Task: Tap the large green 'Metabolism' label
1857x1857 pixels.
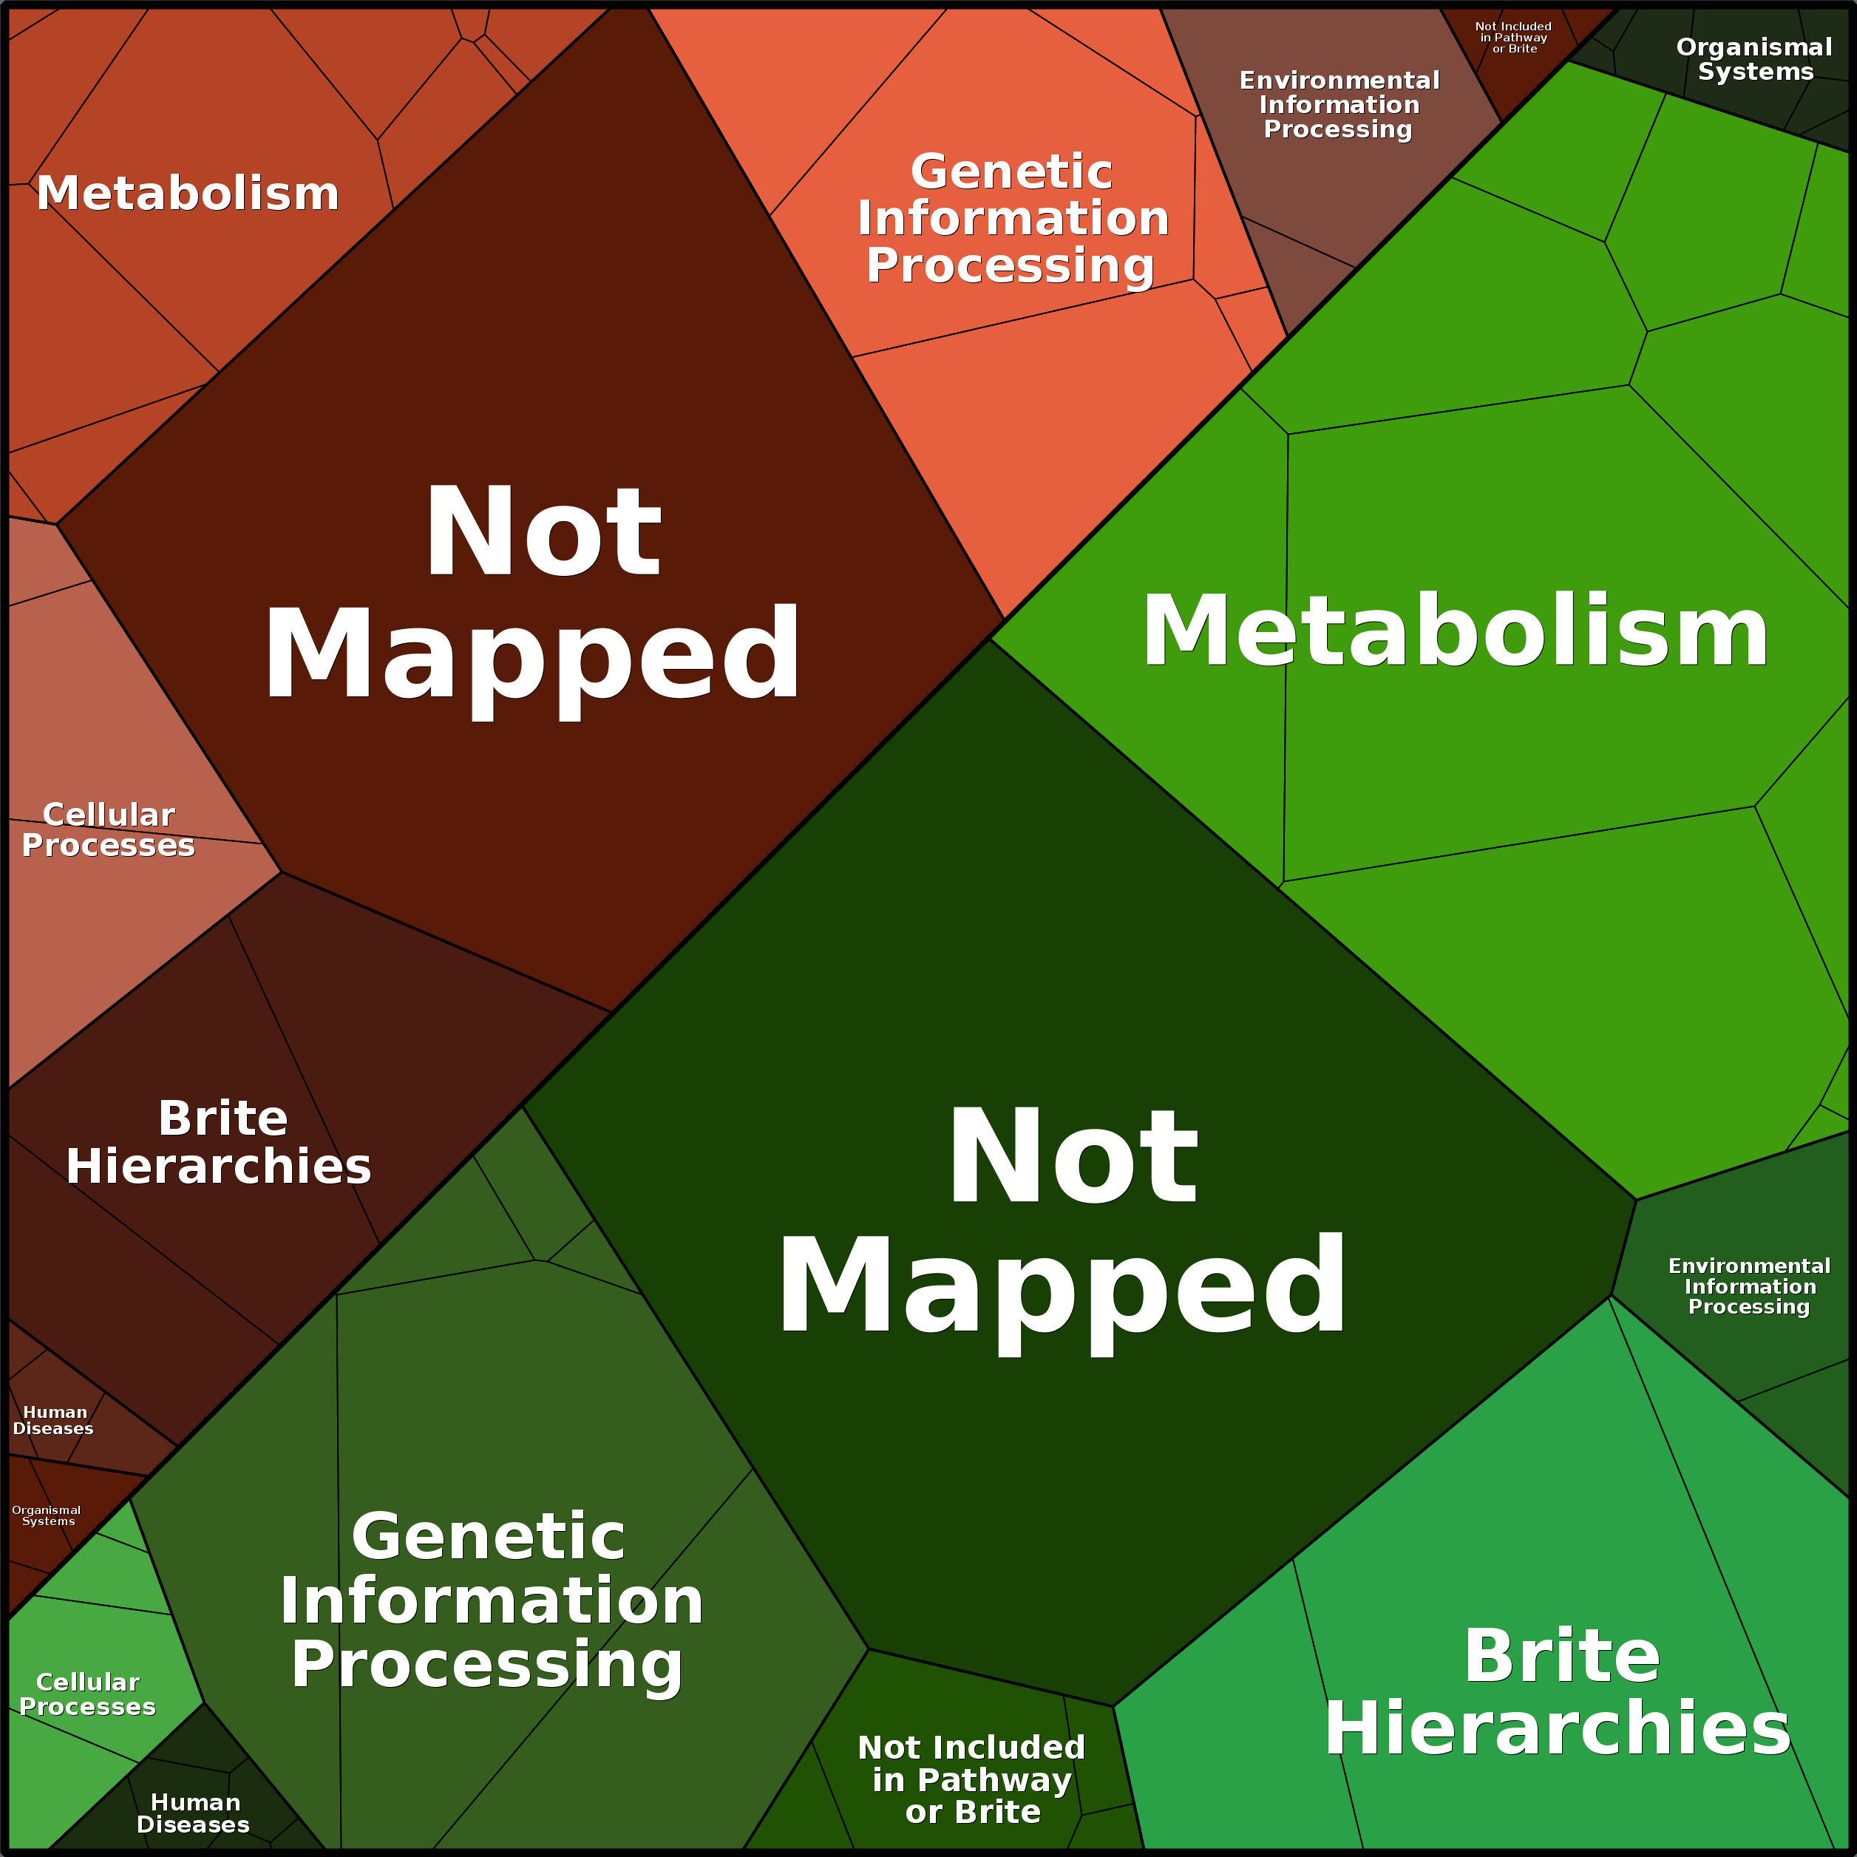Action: click(x=1456, y=631)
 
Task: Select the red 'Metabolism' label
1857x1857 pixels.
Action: click(x=189, y=193)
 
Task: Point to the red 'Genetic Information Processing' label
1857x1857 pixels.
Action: click(x=1012, y=218)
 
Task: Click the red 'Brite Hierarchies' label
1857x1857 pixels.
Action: click(x=219, y=1142)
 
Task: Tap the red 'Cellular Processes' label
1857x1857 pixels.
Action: click(x=109, y=829)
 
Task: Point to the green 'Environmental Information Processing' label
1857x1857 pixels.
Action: click(x=1749, y=1286)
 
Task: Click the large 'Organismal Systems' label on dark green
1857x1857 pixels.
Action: click(x=1754, y=60)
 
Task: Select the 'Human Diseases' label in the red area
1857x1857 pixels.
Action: click(x=54, y=1419)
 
